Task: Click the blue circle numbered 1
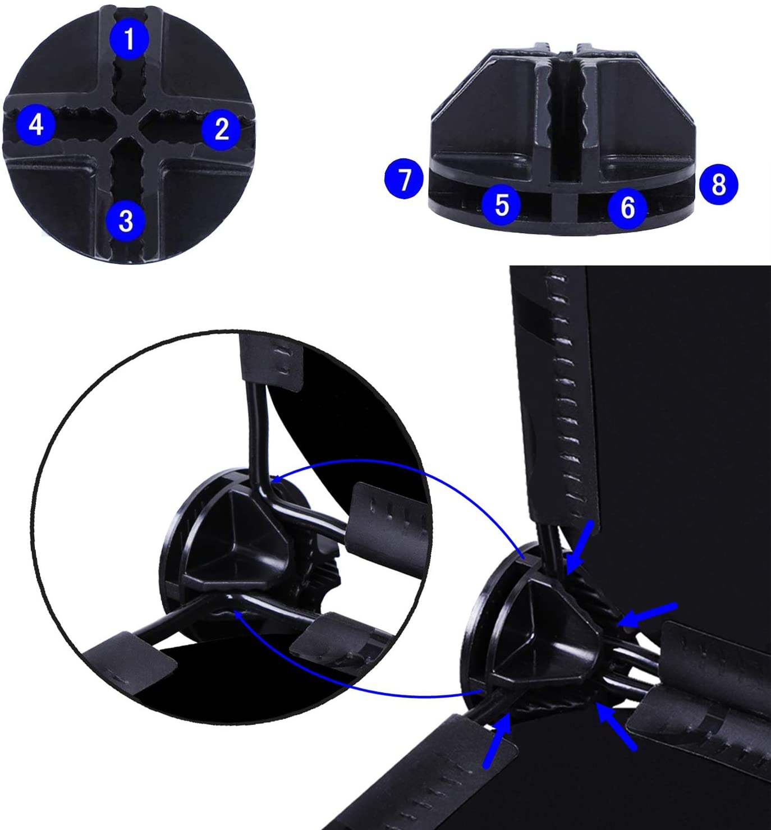[130, 39]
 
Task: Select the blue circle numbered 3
[126, 221]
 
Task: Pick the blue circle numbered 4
[36, 125]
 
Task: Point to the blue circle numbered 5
[502, 205]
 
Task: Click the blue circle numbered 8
[719, 184]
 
